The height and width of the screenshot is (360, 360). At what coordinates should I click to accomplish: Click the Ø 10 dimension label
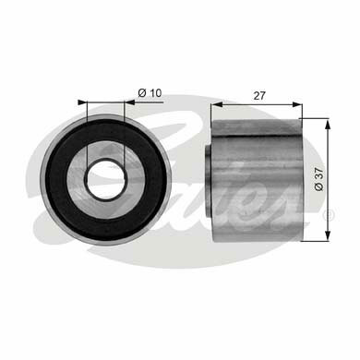150,92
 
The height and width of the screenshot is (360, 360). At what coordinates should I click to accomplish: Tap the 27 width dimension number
259,96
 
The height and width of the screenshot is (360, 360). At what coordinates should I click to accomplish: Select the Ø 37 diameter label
319,179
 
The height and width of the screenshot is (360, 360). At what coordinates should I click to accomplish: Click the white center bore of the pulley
106,180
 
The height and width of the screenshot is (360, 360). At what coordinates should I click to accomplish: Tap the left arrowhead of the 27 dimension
216,104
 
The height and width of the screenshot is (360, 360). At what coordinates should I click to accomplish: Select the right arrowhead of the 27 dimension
297,104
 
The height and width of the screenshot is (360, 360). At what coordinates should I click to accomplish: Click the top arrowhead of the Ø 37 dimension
329,126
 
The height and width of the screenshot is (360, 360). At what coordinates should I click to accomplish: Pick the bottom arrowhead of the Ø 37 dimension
329,235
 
